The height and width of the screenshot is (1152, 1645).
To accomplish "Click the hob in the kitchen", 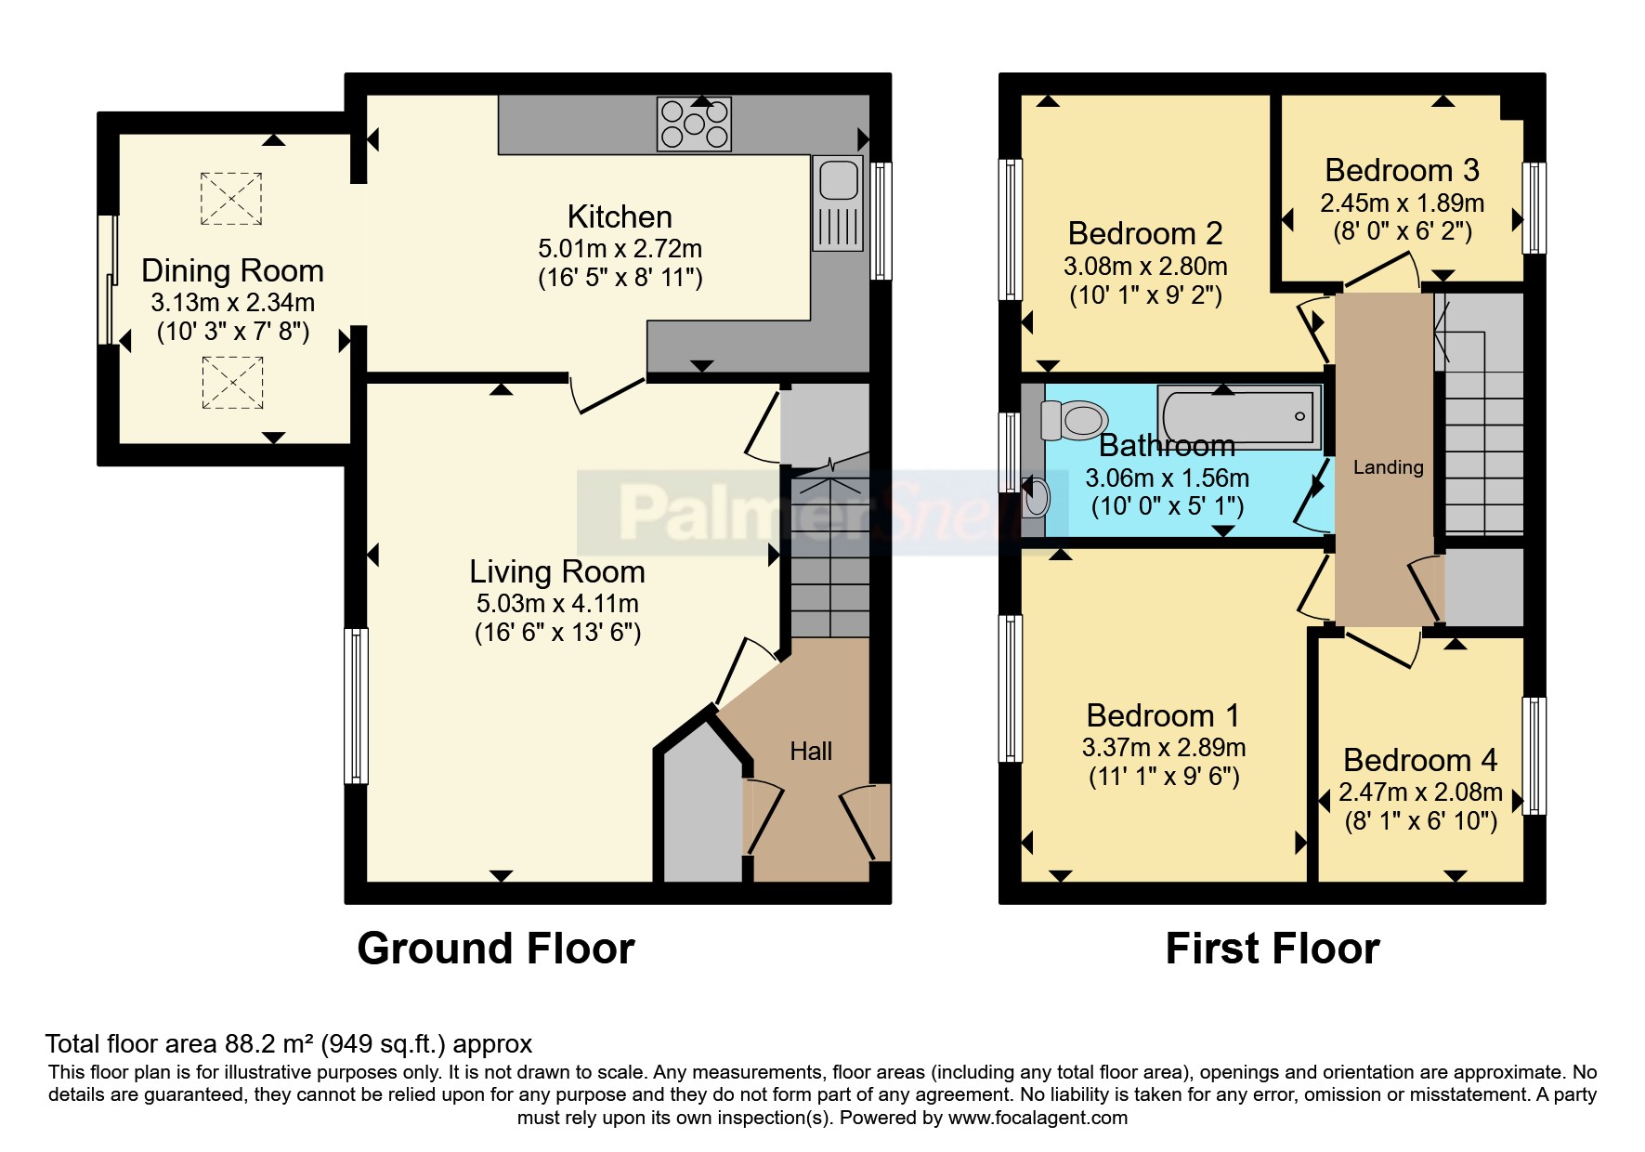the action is (694, 124).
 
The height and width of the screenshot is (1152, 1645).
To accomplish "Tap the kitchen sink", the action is (837, 203).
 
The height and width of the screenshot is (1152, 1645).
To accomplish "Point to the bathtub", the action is (1237, 417).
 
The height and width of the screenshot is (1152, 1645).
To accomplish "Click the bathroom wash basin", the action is (1036, 496).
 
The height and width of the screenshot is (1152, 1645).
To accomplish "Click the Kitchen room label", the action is (620, 216).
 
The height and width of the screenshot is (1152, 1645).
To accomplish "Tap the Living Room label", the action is (557, 570).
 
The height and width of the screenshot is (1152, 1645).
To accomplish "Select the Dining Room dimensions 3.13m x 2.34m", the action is (233, 302).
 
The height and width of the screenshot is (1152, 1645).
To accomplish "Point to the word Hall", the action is (811, 751).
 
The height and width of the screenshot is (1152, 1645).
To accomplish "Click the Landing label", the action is (1388, 467).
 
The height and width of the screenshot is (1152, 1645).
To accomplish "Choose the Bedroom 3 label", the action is (1402, 170).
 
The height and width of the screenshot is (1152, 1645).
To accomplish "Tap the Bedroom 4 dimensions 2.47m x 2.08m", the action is (1420, 792).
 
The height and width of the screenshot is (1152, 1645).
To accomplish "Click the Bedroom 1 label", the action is (1163, 715).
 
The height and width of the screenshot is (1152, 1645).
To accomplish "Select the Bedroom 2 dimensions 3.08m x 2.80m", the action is (1145, 267).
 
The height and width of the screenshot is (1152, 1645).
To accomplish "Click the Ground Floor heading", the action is (496, 949).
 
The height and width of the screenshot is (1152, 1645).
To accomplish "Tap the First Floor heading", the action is (1273, 949).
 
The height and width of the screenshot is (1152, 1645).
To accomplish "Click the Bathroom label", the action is (1167, 445).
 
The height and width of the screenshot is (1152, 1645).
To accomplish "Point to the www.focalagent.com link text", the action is (1038, 1118).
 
